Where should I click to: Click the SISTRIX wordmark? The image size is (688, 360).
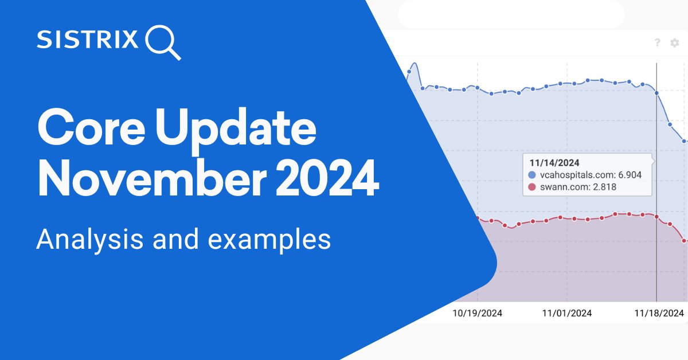[87, 41]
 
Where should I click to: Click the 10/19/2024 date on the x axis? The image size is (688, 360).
[477, 313]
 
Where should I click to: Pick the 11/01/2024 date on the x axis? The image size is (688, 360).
[566, 313]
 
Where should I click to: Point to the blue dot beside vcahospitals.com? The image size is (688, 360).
[531, 175]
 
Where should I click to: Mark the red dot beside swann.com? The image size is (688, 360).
[531, 187]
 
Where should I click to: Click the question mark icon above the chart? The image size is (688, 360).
[657, 42]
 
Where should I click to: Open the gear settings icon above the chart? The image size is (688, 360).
[675, 42]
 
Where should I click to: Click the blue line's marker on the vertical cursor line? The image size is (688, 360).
[656, 93]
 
